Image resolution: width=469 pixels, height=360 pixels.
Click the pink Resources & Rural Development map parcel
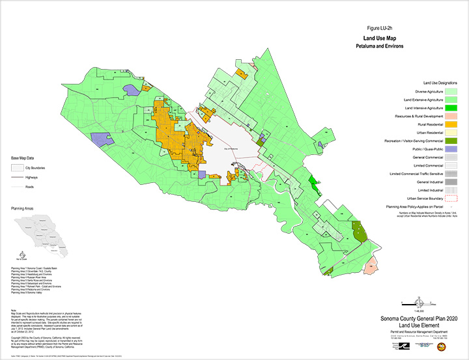[371, 264]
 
